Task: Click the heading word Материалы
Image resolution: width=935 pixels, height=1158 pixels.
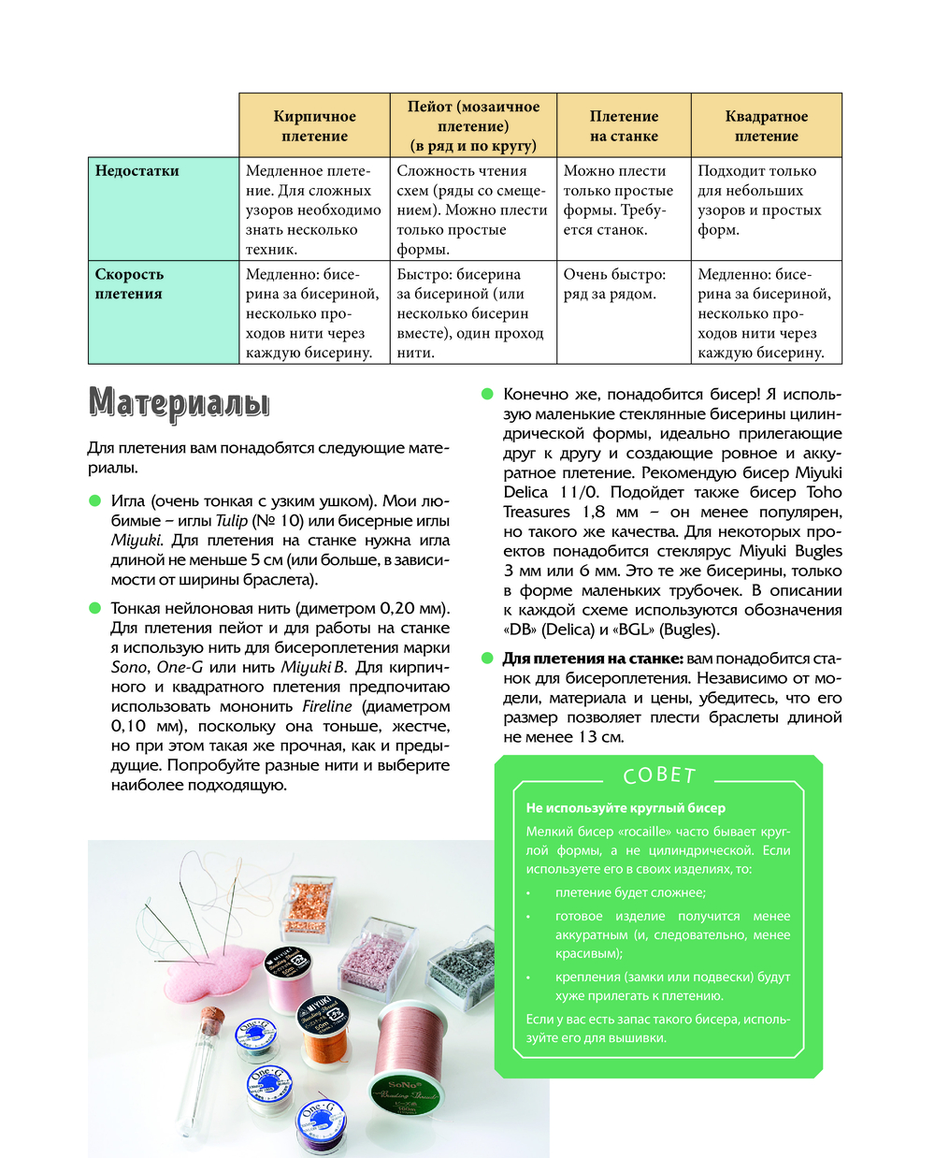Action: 179,403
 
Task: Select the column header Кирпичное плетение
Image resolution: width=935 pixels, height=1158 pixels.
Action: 314,125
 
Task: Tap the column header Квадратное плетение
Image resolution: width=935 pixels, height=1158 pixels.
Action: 766,125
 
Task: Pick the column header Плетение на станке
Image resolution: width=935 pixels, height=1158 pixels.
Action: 624,125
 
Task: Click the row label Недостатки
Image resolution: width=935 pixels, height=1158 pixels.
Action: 137,171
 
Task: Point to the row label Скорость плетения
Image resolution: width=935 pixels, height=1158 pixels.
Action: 129,284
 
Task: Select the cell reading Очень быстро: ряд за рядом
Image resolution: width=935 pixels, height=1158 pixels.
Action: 614,284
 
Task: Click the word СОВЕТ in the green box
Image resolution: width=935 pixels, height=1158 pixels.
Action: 659,775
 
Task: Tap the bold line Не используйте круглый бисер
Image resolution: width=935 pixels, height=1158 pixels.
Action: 626,808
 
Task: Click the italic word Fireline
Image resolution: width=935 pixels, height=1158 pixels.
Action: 326,707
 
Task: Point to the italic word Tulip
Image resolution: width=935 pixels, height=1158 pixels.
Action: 232,521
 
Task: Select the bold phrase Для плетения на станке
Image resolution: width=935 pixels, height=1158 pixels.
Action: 593,659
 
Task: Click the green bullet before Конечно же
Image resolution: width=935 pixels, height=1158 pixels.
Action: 487,394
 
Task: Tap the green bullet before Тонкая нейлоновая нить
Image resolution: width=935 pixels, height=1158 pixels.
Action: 94,608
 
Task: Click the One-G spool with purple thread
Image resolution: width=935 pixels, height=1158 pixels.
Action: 321,1125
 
